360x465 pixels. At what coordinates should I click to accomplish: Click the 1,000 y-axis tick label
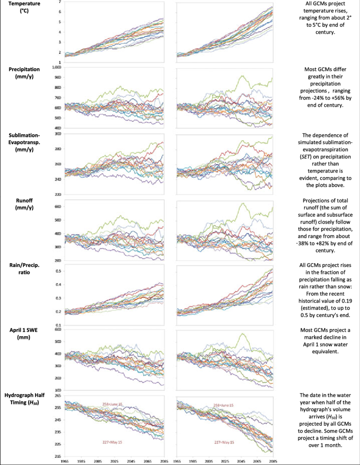[x=56, y=67]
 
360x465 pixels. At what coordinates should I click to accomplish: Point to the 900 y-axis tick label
[x=58, y=77]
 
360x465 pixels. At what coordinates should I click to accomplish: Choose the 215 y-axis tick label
[x=58, y=456]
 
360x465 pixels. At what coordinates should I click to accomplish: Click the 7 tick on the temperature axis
[x=60, y=2]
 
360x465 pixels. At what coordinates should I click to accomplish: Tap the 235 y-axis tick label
[x=58, y=432]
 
